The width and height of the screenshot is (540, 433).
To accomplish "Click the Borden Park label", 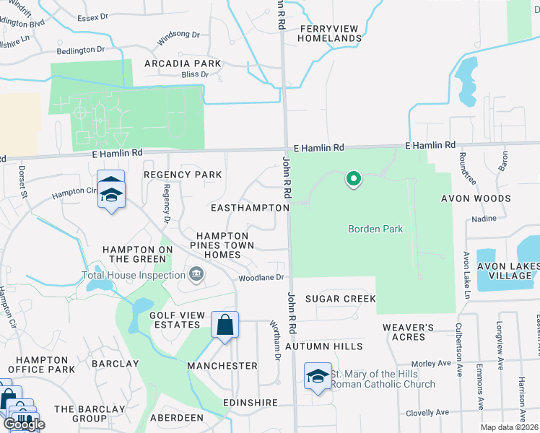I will click(x=375, y=229).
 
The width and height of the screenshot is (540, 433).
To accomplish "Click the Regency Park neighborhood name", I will click(x=183, y=175).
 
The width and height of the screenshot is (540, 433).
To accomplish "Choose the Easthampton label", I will click(x=249, y=208).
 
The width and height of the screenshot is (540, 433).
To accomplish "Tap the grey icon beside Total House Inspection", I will click(x=195, y=274).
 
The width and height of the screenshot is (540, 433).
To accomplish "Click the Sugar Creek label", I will click(x=340, y=299).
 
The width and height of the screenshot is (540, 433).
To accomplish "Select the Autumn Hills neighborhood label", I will click(x=323, y=347).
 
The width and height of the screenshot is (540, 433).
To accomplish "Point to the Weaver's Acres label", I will click(x=408, y=332).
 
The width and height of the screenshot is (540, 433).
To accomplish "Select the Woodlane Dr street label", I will click(x=263, y=277).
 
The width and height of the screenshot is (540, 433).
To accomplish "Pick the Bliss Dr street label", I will click(x=194, y=74).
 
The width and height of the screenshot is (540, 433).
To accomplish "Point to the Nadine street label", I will click(x=483, y=218).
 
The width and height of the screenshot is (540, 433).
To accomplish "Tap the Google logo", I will click(x=24, y=424).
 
